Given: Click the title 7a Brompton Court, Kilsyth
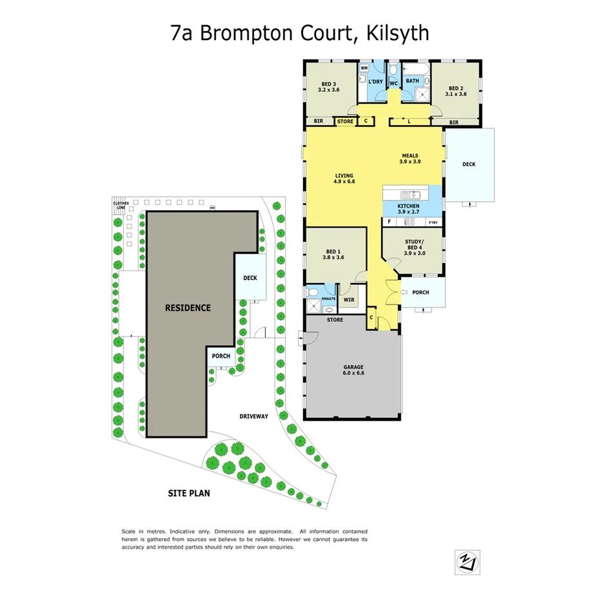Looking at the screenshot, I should [x=300, y=33].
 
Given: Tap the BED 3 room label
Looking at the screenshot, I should [x=329, y=87].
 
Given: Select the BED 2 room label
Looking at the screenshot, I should [x=455, y=91].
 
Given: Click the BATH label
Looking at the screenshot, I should [x=413, y=81].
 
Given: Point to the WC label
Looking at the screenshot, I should [x=393, y=83].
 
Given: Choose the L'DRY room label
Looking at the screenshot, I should [x=375, y=83].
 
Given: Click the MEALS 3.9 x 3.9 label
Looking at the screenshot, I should [x=410, y=159].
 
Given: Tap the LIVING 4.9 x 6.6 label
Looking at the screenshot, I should [x=345, y=179].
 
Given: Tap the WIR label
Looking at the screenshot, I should [x=350, y=299].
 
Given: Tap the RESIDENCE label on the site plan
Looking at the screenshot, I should [x=188, y=308].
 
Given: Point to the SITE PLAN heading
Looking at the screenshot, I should [x=189, y=494].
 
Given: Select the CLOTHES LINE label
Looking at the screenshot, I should [x=121, y=206].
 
